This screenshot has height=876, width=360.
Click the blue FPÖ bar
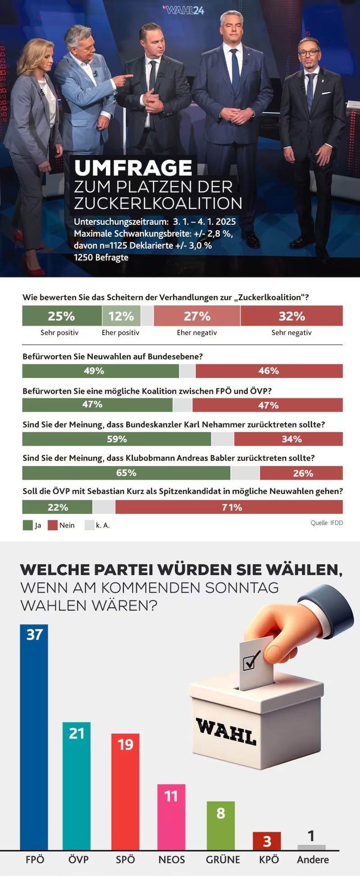click(34, 738)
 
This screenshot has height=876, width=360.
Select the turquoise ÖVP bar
click(76, 788)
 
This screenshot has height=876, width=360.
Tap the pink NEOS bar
click(171, 817)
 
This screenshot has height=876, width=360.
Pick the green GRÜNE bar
click(220, 826)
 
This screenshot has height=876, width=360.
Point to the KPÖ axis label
click(269, 859)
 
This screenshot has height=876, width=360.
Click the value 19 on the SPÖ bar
click(126, 744)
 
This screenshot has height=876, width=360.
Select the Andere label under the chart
click(313, 859)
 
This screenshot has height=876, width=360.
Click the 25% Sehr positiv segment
click(62, 316)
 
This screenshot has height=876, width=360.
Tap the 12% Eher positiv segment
click(121, 316)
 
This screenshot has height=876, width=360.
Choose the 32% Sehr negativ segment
click(292, 316)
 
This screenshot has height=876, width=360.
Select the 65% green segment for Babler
click(126, 473)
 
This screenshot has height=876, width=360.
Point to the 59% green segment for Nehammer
click(117, 439)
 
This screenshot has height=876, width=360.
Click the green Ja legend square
click(28, 525)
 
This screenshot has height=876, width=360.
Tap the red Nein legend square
click(53, 525)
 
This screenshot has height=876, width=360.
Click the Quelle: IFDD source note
click(327, 523)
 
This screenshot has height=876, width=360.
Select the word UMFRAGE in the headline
click(133, 168)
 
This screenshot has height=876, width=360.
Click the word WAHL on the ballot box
click(226, 732)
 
